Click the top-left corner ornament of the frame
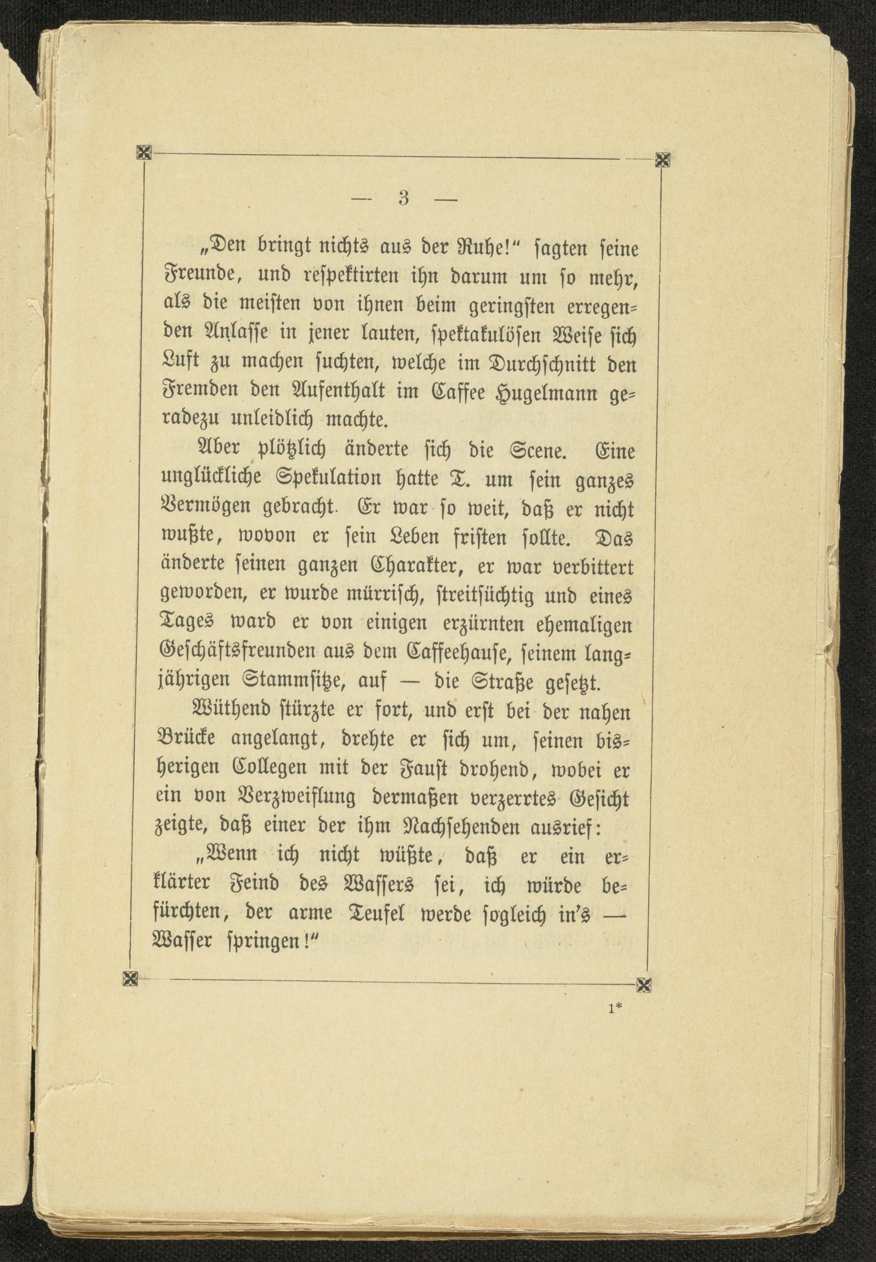(x=144, y=153)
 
